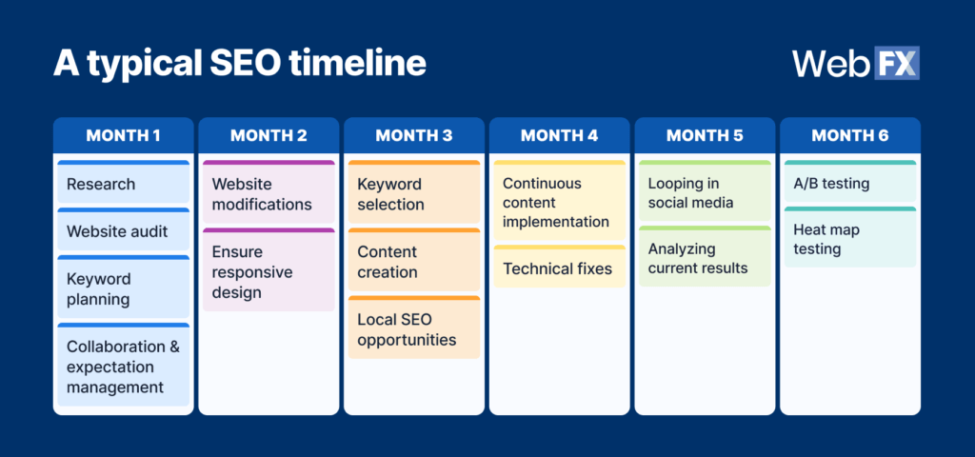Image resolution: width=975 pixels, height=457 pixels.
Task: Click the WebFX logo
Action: click(x=855, y=63)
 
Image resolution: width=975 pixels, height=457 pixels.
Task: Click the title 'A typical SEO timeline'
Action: click(x=239, y=63)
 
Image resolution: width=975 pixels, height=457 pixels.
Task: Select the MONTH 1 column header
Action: click(x=123, y=135)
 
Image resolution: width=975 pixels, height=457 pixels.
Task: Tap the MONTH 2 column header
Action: click(x=269, y=135)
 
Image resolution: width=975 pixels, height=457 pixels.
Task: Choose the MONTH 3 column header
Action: click(x=414, y=135)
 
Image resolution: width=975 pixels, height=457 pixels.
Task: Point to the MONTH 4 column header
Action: click(x=559, y=135)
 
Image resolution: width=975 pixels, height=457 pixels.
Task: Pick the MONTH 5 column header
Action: click(x=705, y=135)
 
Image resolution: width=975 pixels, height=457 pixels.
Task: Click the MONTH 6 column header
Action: click(x=850, y=135)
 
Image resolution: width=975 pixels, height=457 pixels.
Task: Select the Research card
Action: click(x=123, y=183)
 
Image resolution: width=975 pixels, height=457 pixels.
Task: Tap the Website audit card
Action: click(x=123, y=230)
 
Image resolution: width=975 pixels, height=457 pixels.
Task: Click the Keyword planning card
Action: click(x=123, y=288)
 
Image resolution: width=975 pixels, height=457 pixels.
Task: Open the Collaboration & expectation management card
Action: click(x=123, y=366)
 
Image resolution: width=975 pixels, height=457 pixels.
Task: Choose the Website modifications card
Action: click(x=269, y=193)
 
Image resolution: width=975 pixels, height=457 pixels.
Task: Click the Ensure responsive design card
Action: click(x=269, y=270)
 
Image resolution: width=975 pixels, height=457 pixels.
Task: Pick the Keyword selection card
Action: click(x=414, y=193)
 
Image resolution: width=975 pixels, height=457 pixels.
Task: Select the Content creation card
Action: click(x=414, y=261)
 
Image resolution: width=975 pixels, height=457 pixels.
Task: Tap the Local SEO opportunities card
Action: click(x=414, y=328)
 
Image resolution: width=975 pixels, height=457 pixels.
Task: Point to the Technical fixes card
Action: click(x=559, y=268)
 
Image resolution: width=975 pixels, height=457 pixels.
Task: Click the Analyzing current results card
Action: click(x=705, y=257)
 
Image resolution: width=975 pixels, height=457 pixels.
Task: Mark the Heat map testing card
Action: click(x=850, y=238)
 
